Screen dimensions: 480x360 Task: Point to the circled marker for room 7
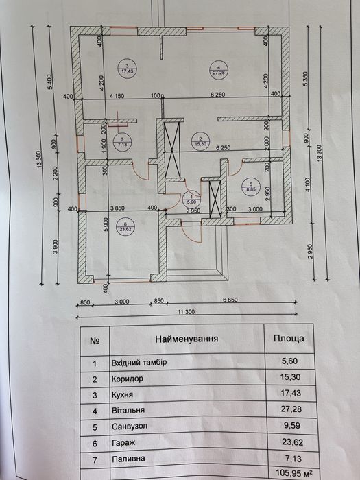click(x=122, y=141)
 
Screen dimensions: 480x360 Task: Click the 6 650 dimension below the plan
click(x=230, y=300)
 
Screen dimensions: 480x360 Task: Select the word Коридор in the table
click(x=128, y=379)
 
